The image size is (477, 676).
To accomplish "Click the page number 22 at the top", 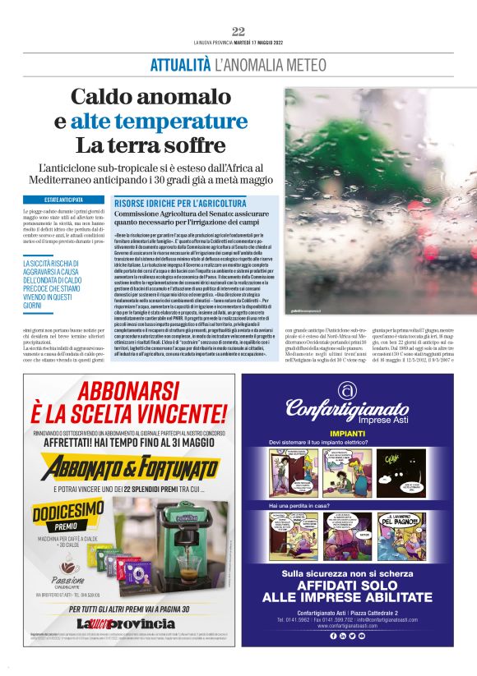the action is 238,31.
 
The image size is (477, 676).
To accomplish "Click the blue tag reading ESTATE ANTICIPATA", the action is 63,200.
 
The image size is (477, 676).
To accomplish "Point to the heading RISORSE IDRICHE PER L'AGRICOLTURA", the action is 180,203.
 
